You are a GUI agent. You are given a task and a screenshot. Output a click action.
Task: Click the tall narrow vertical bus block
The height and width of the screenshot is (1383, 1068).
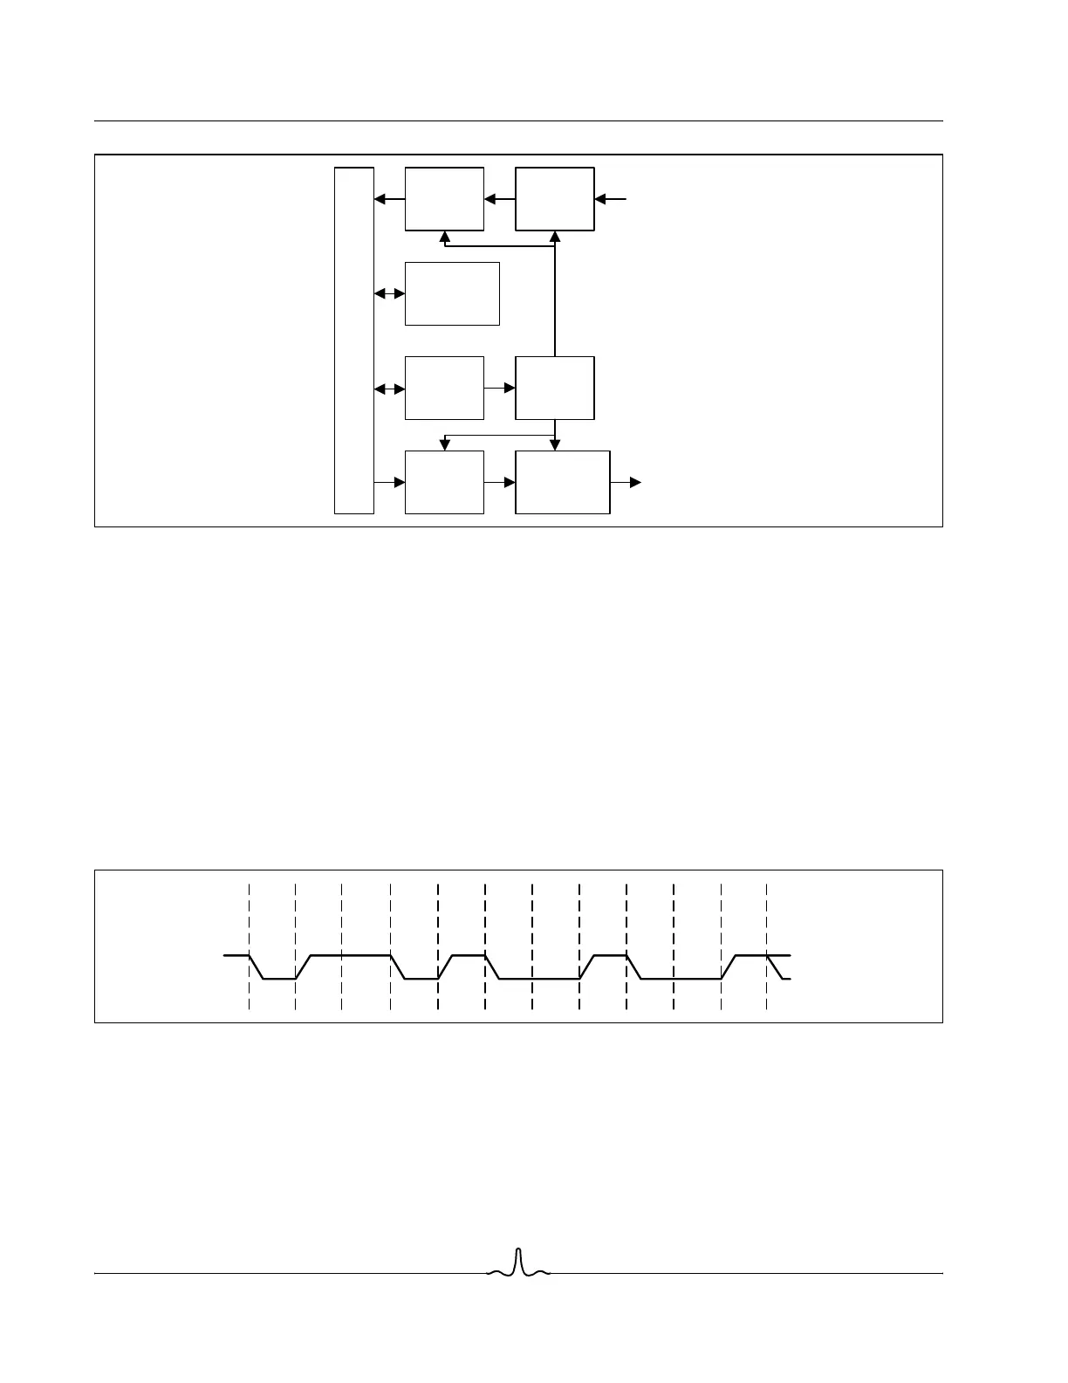354,340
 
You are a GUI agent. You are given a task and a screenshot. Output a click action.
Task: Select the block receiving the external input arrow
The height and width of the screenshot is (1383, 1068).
555,199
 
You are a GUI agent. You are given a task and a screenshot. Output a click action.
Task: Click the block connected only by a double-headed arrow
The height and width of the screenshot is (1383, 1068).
452,293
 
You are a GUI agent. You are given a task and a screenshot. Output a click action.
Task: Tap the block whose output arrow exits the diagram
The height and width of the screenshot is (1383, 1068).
563,482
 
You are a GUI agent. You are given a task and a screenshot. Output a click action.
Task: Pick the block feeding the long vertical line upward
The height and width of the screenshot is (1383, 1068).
555,388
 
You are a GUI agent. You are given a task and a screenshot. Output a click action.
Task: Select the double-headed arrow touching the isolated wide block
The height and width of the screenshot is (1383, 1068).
389,294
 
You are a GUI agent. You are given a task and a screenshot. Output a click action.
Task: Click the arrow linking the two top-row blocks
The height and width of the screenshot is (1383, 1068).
500,200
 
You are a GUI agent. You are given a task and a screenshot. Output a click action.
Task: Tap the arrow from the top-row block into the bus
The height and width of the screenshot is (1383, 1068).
389,200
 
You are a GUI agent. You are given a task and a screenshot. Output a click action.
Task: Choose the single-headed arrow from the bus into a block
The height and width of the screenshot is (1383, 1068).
389,482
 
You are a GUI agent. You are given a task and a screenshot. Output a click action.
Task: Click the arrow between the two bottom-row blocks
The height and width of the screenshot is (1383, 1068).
500,482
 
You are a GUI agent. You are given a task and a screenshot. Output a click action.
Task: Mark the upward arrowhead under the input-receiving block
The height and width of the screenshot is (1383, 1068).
555,237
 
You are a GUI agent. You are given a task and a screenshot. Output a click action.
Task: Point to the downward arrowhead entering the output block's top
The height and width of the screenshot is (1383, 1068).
555,445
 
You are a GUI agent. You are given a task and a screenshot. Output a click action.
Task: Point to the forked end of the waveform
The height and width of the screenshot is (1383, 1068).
781,967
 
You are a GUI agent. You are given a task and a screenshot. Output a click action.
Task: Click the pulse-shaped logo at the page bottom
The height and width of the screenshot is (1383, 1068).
518,1265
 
